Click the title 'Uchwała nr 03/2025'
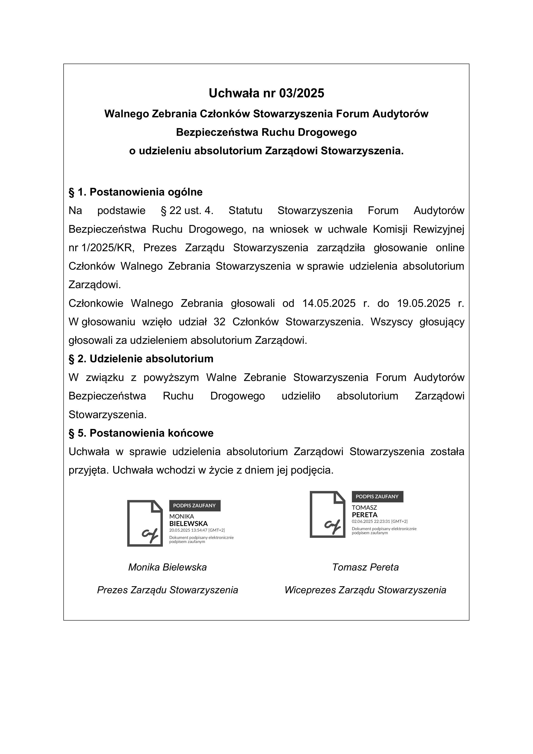(x=266, y=93)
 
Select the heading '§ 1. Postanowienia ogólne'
(x=135, y=192)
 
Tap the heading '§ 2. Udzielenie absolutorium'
(x=141, y=359)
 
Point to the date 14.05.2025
(x=329, y=303)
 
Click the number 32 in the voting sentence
(x=219, y=322)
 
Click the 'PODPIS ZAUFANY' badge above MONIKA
(x=195, y=506)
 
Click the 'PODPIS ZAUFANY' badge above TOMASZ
(x=377, y=497)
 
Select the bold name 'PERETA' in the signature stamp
(x=365, y=515)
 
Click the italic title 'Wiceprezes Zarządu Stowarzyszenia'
(x=365, y=590)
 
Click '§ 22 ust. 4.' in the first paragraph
(x=187, y=211)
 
